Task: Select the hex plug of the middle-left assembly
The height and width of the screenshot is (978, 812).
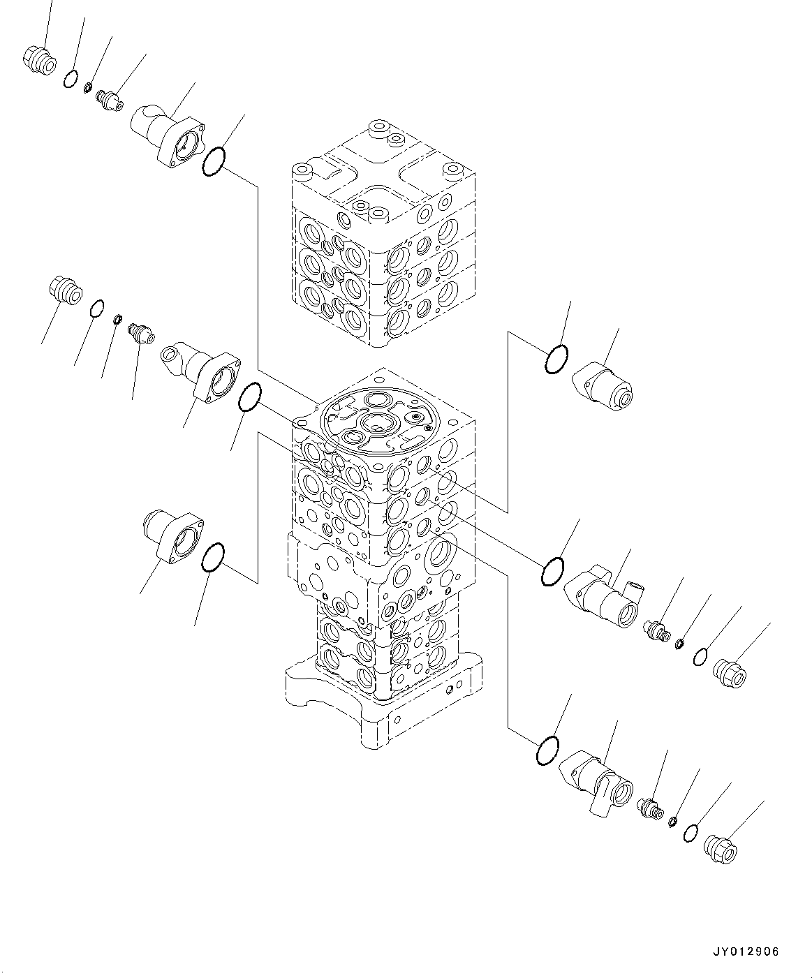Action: (x=65, y=289)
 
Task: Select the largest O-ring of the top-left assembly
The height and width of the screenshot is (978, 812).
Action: (x=214, y=162)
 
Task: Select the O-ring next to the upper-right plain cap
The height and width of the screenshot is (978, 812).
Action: (x=556, y=359)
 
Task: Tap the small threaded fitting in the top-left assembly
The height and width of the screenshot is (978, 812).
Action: (x=110, y=98)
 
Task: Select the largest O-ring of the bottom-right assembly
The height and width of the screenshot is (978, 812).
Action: (x=547, y=750)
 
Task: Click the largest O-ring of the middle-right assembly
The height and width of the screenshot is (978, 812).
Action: (x=553, y=570)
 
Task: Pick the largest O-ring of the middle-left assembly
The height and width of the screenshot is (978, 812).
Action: (x=249, y=397)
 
